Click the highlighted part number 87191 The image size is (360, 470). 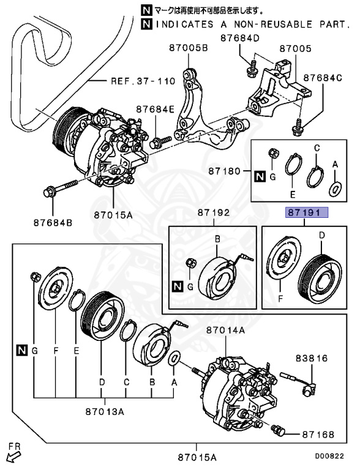(305, 213)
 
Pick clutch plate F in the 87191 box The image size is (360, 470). (282, 268)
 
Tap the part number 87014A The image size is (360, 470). (225, 329)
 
